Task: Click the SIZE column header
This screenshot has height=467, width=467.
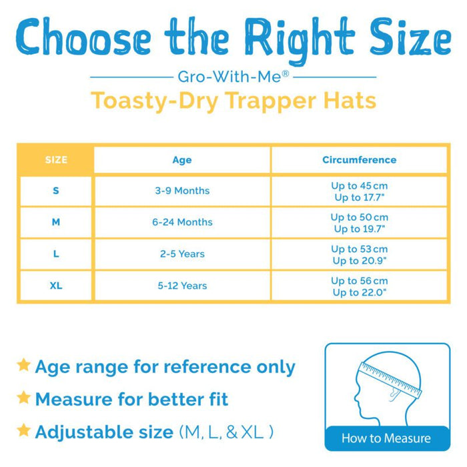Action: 56,160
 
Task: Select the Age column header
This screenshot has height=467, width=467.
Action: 181,160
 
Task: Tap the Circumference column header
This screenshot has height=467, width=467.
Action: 359,160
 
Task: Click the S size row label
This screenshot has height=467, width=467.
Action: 56,191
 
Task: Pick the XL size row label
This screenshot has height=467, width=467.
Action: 56,286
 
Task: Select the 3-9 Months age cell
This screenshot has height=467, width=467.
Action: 182,191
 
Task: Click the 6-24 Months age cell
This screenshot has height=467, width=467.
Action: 182,222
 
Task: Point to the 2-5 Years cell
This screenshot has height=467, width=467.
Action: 182,254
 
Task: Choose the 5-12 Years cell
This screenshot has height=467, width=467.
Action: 182,286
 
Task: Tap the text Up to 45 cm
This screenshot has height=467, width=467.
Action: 359,185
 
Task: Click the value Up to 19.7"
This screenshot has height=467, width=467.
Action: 359,229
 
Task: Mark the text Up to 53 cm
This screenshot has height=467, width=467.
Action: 359,249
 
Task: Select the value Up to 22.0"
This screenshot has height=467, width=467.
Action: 359,292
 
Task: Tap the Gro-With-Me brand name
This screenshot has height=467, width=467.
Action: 233,76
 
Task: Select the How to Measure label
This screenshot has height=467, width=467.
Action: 386,438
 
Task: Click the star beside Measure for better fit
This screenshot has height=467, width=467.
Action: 24,398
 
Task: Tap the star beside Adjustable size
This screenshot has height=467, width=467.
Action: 24,430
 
